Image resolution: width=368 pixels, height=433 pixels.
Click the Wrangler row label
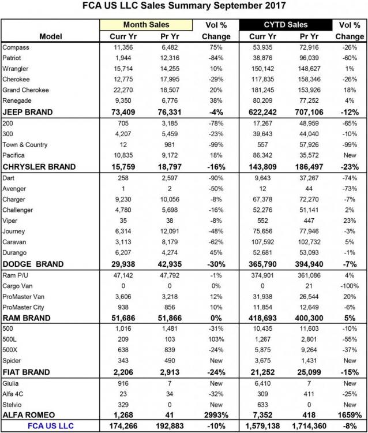pos(16,69)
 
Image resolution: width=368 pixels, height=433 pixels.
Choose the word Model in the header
pos(51,36)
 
